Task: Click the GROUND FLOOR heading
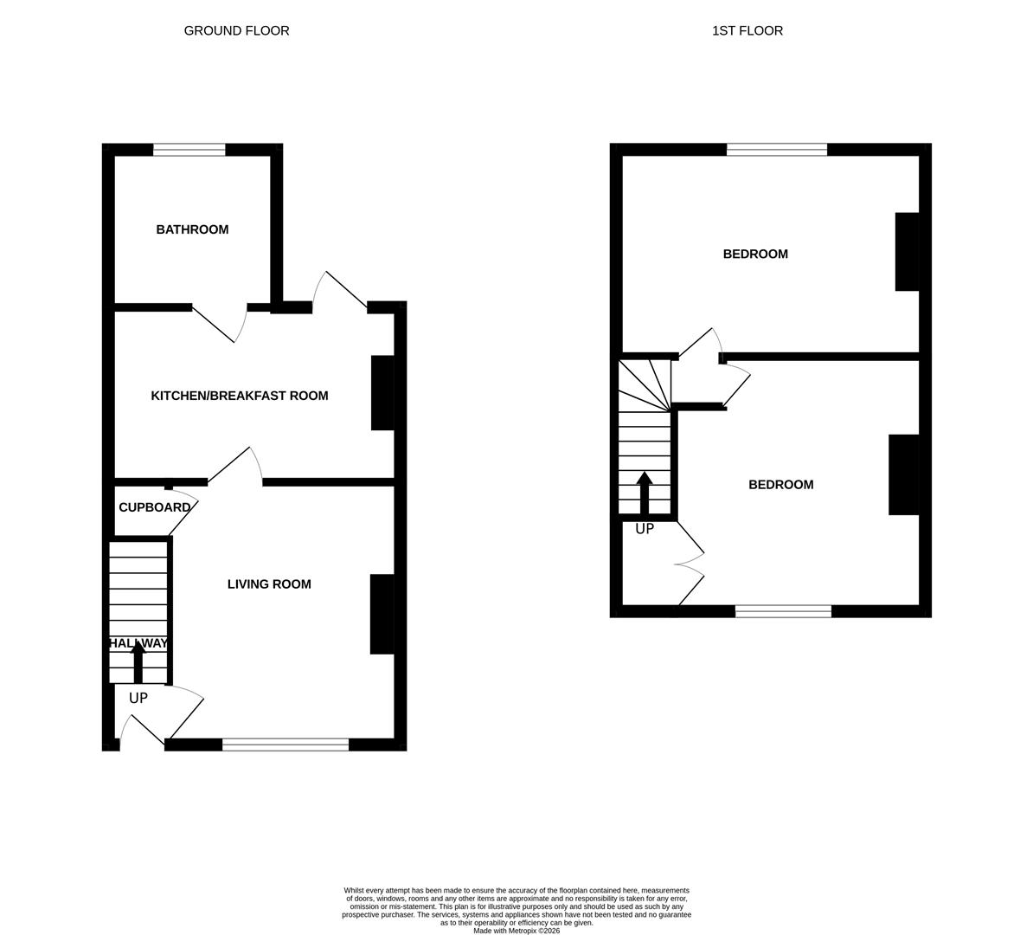[x=236, y=31]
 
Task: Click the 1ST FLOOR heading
[x=747, y=31]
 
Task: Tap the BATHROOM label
[x=192, y=229]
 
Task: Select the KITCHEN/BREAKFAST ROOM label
[x=240, y=396]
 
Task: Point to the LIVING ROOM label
[x=269, y=584]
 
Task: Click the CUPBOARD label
[x=154, y=507]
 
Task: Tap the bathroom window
[x=189, y=150]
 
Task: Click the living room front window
[x=286, y=745]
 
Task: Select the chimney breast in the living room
[x=382, y=614]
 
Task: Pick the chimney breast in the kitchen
[x=382, y=392]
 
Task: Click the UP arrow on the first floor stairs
[x=645, y=493]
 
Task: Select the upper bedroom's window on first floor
[x=777, y=150]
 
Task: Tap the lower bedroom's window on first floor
[x=783, y=611]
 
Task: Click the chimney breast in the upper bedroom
[x=907, y=251]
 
